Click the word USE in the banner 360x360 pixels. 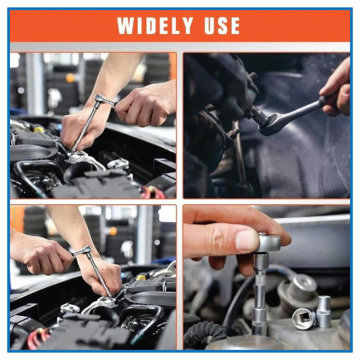[x=222, y=25]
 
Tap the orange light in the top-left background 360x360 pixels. [x=70, y=78]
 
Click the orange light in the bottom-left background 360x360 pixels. [x=113, y=231]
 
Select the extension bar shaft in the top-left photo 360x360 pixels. [x=85, y=128]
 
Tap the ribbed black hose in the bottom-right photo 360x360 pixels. [x=202, y=333]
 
